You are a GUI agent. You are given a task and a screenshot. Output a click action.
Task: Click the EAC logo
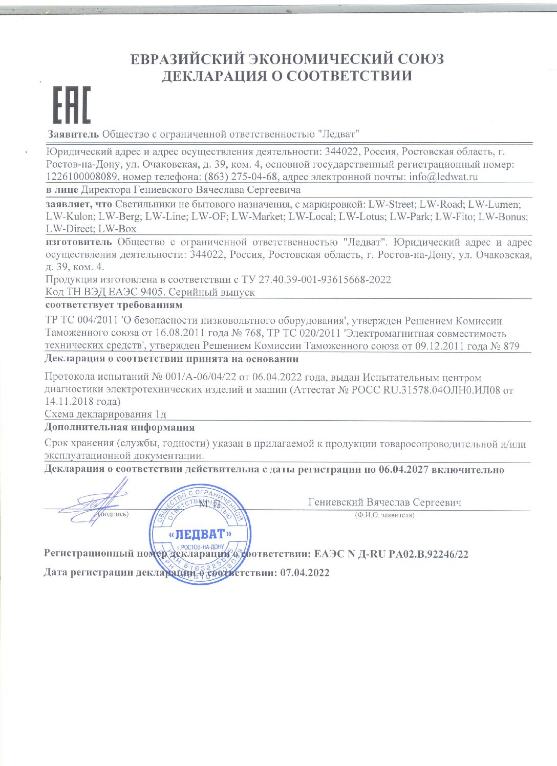pyautogui.click(x=72, y=105)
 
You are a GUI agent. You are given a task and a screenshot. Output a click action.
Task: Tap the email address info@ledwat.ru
pyautogui.click(x=443, y=177)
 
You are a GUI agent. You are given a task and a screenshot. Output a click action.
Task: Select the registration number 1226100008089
pyautogui.click(x=82, y=177)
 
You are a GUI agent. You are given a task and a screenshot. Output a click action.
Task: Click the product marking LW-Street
pyautogui.click(x=391, y=204)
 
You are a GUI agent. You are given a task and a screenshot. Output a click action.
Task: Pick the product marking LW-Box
pyautogui.click(x=117, y=229)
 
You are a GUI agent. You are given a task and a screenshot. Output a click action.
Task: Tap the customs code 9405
pyautogui.click(x=152, y=292)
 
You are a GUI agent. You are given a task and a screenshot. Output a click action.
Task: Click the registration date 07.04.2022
pyautogui.click(x=305, y=573)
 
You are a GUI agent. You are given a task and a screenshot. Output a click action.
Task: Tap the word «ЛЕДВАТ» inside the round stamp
pyautogui.click(x=200, y=535)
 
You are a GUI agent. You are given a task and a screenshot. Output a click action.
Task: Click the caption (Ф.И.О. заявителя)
pyautogui.click(x=384, y=515)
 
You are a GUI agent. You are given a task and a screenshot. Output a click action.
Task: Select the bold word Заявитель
pyautogui.click(x=73, y=135)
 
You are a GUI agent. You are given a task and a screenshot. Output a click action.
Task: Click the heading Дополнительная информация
pyautogui.click(x=119, y=427)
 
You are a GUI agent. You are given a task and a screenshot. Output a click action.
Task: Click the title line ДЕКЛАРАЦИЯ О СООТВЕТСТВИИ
pyautogui.click(x=287, y=76)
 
